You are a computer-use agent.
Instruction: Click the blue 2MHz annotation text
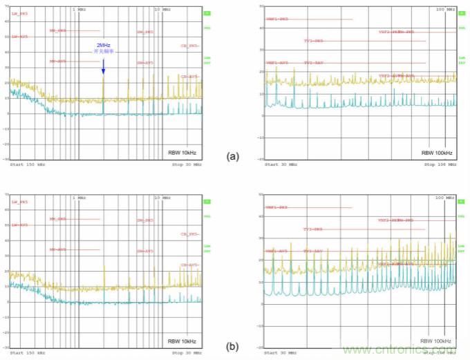click(103, 45)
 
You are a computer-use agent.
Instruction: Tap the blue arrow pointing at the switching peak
click(103, 66)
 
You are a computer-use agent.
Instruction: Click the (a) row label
click(233, 156)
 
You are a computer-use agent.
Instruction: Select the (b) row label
click(233, 347)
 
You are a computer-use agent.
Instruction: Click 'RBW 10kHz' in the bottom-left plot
click(181, 341)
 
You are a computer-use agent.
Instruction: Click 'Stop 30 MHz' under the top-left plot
click(187, 165)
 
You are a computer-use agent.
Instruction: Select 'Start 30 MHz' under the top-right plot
click(281, 165)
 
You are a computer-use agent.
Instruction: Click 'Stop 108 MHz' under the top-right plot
click(440, 165)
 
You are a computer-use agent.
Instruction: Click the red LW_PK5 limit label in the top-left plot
click(19, 14)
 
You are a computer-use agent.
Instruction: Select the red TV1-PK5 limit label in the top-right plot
click(313, 41)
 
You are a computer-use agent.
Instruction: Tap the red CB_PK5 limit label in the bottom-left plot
click(189, 234)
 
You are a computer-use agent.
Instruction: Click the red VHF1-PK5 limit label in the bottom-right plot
click(276, 207)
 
